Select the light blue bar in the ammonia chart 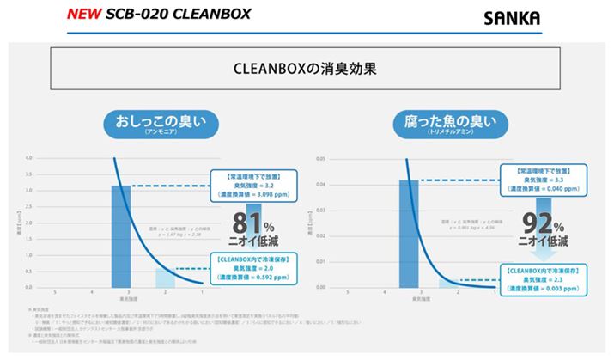click(165, 278)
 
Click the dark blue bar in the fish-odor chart click(409, 233)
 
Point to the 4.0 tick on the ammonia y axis click(28, 159)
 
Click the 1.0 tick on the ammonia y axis click(28, 255)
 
